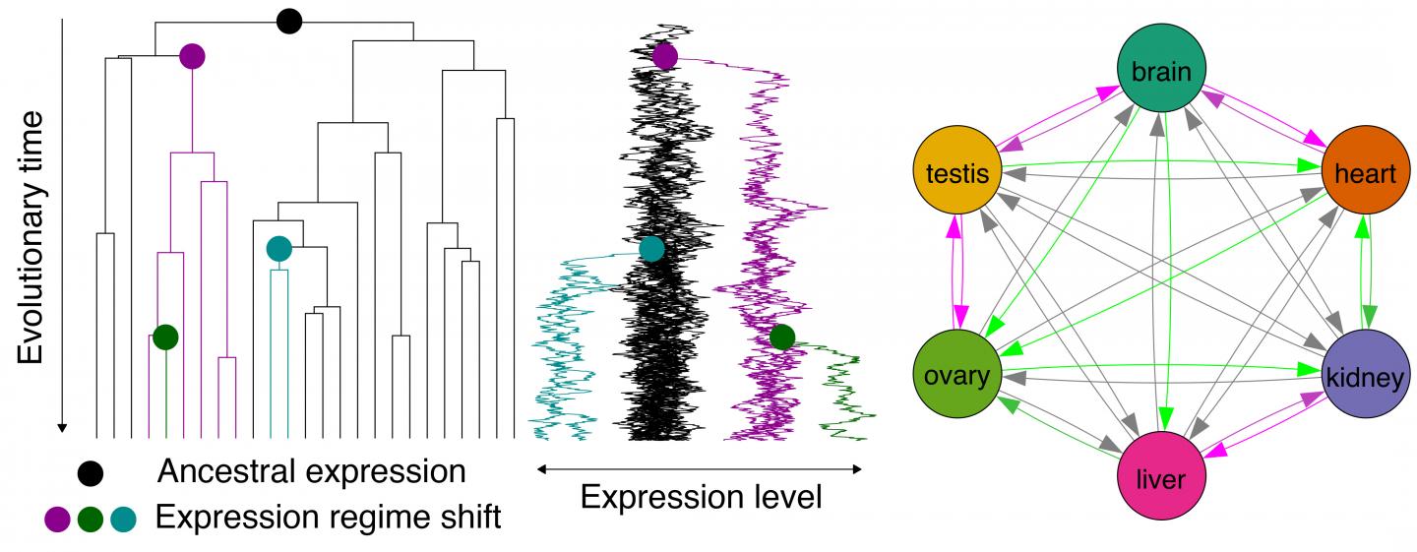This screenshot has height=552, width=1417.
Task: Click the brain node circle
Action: coord(1161,71)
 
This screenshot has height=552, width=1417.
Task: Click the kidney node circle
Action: coord(1366,377)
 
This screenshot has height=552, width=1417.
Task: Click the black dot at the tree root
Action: coord(288,21)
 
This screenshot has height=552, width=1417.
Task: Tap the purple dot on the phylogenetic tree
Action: coord(193,56)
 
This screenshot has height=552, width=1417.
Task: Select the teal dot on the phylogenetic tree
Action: coord(278,249)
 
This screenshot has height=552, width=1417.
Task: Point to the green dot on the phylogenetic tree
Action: coord(165,337)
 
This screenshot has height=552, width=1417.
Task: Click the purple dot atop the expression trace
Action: coord(665,56)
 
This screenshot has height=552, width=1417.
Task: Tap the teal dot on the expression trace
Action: coord(651,249)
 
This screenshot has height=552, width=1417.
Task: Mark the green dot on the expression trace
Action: coord(782,337)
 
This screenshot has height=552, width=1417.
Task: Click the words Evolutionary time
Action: coord(32,237)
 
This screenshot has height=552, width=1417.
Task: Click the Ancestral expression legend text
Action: coord(312,471)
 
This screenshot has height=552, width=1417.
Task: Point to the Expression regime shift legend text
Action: coord(328,517)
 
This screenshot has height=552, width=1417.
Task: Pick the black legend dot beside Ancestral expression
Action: coord(92,473)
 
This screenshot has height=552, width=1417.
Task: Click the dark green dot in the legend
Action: coord(92,518)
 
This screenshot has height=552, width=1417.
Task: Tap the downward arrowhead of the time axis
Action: coord(62,427)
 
